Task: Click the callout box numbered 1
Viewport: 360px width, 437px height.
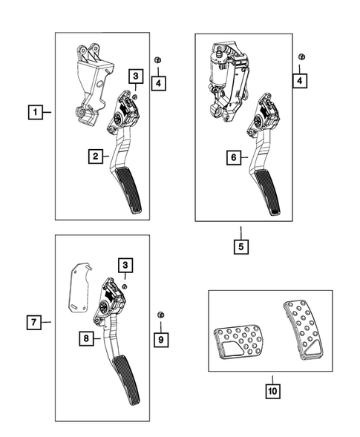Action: [33, 113]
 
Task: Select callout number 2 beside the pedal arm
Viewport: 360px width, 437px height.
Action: [96, 156]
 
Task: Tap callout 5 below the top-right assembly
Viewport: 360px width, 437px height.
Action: [241, 244]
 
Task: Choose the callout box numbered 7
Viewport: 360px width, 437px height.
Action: [33, 322]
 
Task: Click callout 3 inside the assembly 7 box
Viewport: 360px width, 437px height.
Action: [128, 265]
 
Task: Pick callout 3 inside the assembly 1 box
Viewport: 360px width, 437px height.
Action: [135, 76]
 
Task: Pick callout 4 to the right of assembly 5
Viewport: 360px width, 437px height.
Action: [300, 79]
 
